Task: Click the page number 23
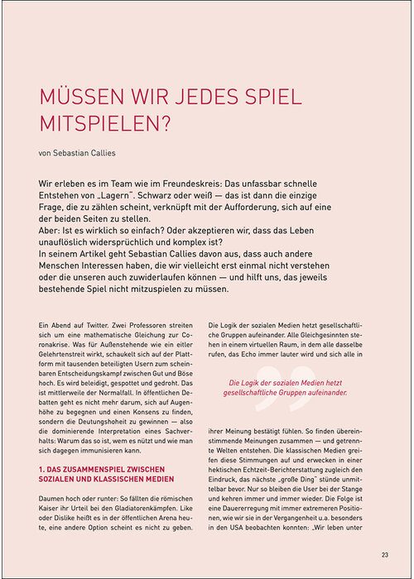pos(385,555)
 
